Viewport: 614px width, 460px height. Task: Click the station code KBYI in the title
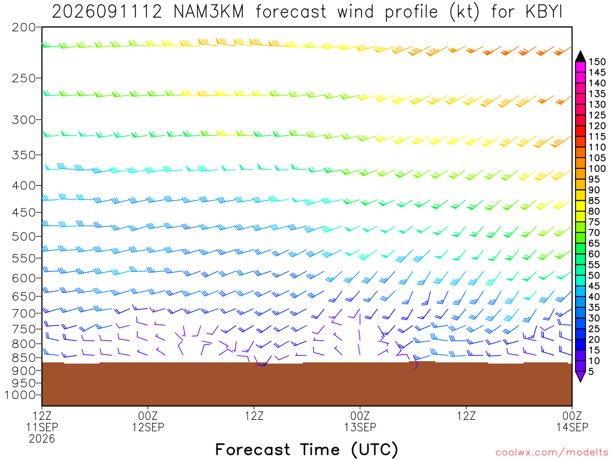click(x=543, y=12)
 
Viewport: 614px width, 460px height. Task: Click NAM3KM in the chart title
click(x=209, y=12)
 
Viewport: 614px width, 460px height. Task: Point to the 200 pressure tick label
click(x=24, y=28)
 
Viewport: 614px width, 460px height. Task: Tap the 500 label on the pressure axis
click(x=24, y=236)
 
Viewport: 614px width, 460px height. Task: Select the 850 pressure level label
click(x=24, y=358)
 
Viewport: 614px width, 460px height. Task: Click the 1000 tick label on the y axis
click(x=20, y=395)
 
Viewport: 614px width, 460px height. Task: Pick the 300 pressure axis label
click(x=24, y=120)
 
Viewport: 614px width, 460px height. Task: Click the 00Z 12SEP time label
click(x=148, y=421)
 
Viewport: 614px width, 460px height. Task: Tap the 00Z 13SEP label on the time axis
click(x=360, y=421)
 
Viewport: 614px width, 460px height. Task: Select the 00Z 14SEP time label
click(x=572, y=421)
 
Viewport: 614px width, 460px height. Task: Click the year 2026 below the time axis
click(x=42, y=439)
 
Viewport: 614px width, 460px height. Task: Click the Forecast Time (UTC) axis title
click(x=306, y=450)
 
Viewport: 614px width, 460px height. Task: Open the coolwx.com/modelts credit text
click(x=552, y=453)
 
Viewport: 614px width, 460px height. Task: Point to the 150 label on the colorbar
click(x=597, y=62)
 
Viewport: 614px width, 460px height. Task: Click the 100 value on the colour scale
click(x=597, y=168)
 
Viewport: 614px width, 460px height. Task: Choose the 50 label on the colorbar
click(x=594, y=276)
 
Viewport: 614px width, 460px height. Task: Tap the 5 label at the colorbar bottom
click(x=591, y=371)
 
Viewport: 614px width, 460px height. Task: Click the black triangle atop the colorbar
click(x=580, y=56)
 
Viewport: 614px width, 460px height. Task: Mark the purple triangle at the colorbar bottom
click(x=580, y=376)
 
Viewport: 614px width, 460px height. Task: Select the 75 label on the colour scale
click(x=594, y=222)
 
